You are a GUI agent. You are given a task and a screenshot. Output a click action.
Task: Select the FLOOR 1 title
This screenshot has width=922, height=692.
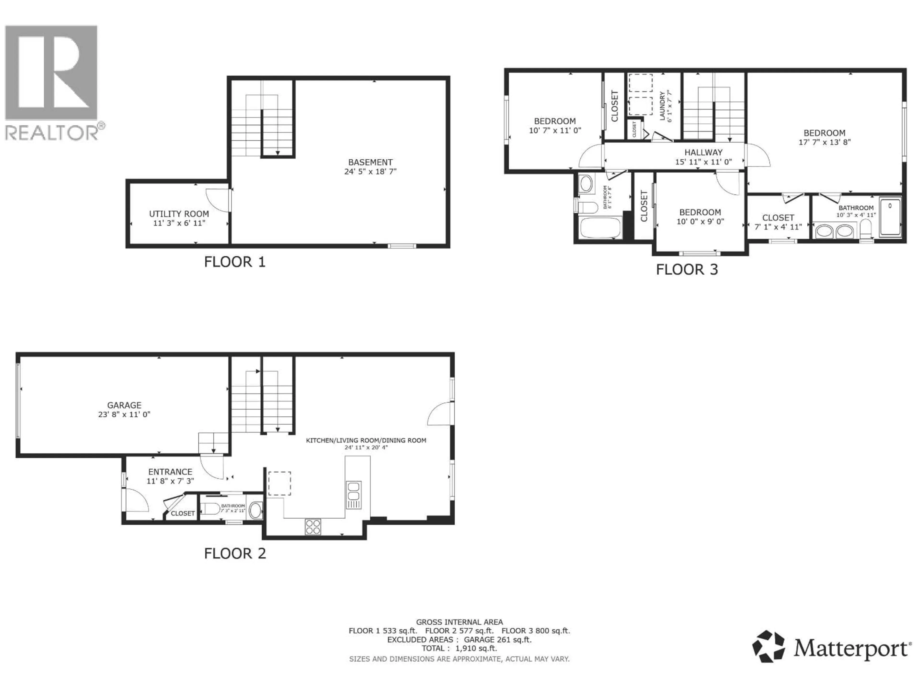[x=235, y=262]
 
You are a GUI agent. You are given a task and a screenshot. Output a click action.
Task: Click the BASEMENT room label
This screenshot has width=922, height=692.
[x=370, y=162]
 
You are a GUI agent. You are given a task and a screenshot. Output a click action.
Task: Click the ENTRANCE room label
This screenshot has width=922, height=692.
[x=170, y=472]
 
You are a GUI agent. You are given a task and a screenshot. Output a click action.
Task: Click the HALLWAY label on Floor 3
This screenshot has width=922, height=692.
[x=703, y=153]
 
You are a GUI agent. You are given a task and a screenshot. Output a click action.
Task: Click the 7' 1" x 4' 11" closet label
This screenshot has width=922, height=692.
[x=778, y=222]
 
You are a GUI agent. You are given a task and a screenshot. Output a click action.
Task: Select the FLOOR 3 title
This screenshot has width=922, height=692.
[x=687, y=269]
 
